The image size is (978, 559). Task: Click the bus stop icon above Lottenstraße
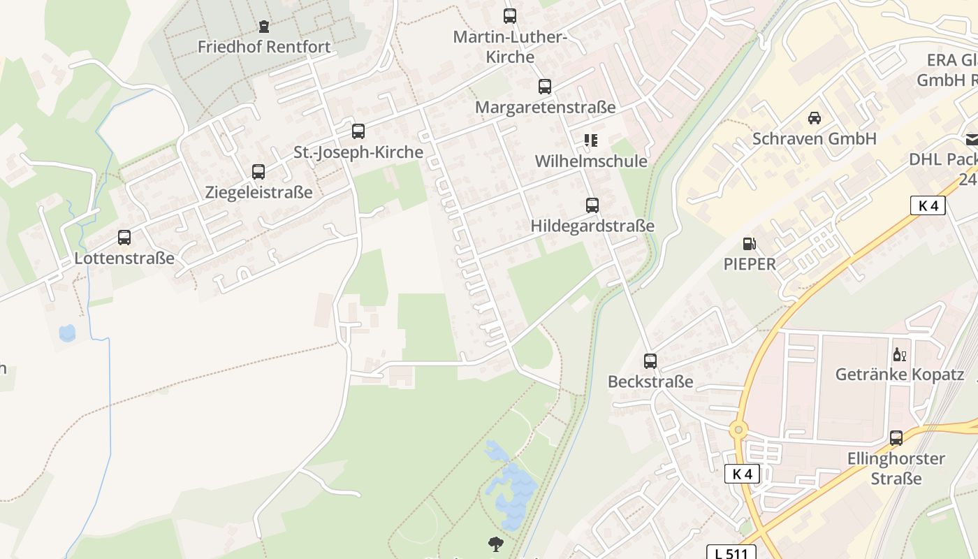124,238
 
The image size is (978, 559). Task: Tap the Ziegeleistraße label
258,192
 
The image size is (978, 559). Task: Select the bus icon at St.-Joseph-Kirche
358,131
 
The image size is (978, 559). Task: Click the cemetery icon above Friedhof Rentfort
263,27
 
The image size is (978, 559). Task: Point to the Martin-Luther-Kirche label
509,47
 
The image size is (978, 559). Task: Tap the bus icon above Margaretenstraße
545,87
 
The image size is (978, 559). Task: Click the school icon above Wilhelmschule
591,140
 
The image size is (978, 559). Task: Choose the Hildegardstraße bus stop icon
592,205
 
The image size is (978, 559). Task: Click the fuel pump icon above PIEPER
750,244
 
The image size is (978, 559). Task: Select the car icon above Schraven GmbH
815,117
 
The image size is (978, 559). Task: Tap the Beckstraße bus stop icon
650,361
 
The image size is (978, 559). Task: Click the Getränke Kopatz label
900,375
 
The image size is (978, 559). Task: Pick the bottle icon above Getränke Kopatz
900,354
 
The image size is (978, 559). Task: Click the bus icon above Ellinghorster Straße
896,438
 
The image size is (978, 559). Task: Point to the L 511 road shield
731,553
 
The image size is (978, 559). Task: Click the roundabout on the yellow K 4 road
738,430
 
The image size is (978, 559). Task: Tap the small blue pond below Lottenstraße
67,333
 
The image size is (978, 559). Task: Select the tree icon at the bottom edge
496,544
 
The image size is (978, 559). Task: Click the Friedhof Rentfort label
264,47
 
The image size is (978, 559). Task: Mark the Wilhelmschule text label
591,161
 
